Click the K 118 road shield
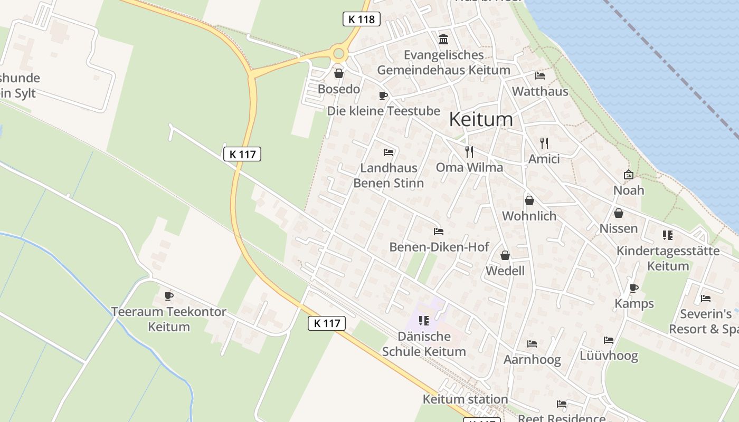click(x=362, y=20)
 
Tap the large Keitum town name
click(x=481, y=119)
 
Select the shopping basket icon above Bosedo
click(x=338, y=73)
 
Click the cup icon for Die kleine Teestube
click(x=383, y=95)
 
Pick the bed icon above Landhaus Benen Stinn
click(x=389, y=152)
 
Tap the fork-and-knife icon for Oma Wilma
click(x=469, y=152)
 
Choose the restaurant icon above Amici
click(x=544, y=143)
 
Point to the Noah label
click(x=629, y=190)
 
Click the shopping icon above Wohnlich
click(x=529, y=200)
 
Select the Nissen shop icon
click(x=619, y=213)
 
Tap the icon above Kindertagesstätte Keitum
click(x=668, y=235)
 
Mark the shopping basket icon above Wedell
click(x=505, y=255)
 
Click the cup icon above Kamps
click(x=634, y=288)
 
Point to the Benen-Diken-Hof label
click(x=439, y=247)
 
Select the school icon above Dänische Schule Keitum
click(x=423, y=320)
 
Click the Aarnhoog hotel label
click(x=532, y=359)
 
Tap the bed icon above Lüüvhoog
click(x=609, y=340)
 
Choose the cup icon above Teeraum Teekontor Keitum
click(x=169, y=296)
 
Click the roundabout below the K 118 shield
click(x=339, y=53)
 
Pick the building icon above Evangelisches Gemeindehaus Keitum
click(x=443, y=39)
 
